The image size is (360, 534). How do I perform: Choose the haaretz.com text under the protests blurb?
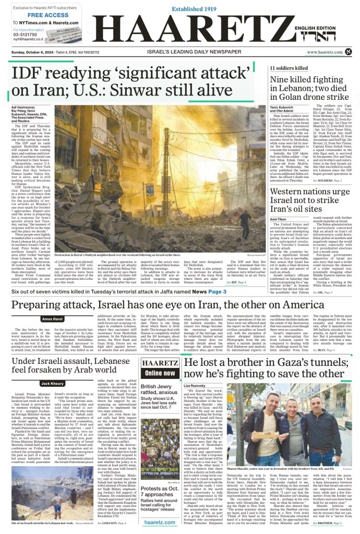click(159, 522)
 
